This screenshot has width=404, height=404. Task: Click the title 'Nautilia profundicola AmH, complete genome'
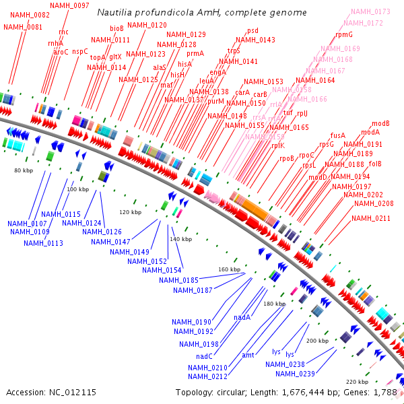tap(201, 12)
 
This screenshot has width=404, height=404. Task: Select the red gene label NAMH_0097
tap(72, 5)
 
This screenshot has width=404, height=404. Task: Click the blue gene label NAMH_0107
tap(27, 223)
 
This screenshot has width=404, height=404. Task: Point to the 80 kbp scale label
tap(24, 171)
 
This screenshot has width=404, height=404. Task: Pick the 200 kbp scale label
tap(317, 341)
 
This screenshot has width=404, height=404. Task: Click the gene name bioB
tap(116, 29)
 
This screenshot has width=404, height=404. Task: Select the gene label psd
tap(252, 30)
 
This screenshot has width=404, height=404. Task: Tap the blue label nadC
tap(205, 356)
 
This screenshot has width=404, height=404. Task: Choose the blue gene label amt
tap(248, 355)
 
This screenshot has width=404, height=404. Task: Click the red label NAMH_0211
tap(371, 218)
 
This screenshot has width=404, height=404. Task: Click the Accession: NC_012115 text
tap(51, 392)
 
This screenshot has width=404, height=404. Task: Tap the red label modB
tap(380, 123)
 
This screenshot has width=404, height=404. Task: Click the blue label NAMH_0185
tap(179, 279)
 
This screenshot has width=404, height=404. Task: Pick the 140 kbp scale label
tap(181, 239)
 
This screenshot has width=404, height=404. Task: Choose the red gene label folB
tap(375, 164)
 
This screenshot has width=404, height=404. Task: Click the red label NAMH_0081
tap(22, 27)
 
